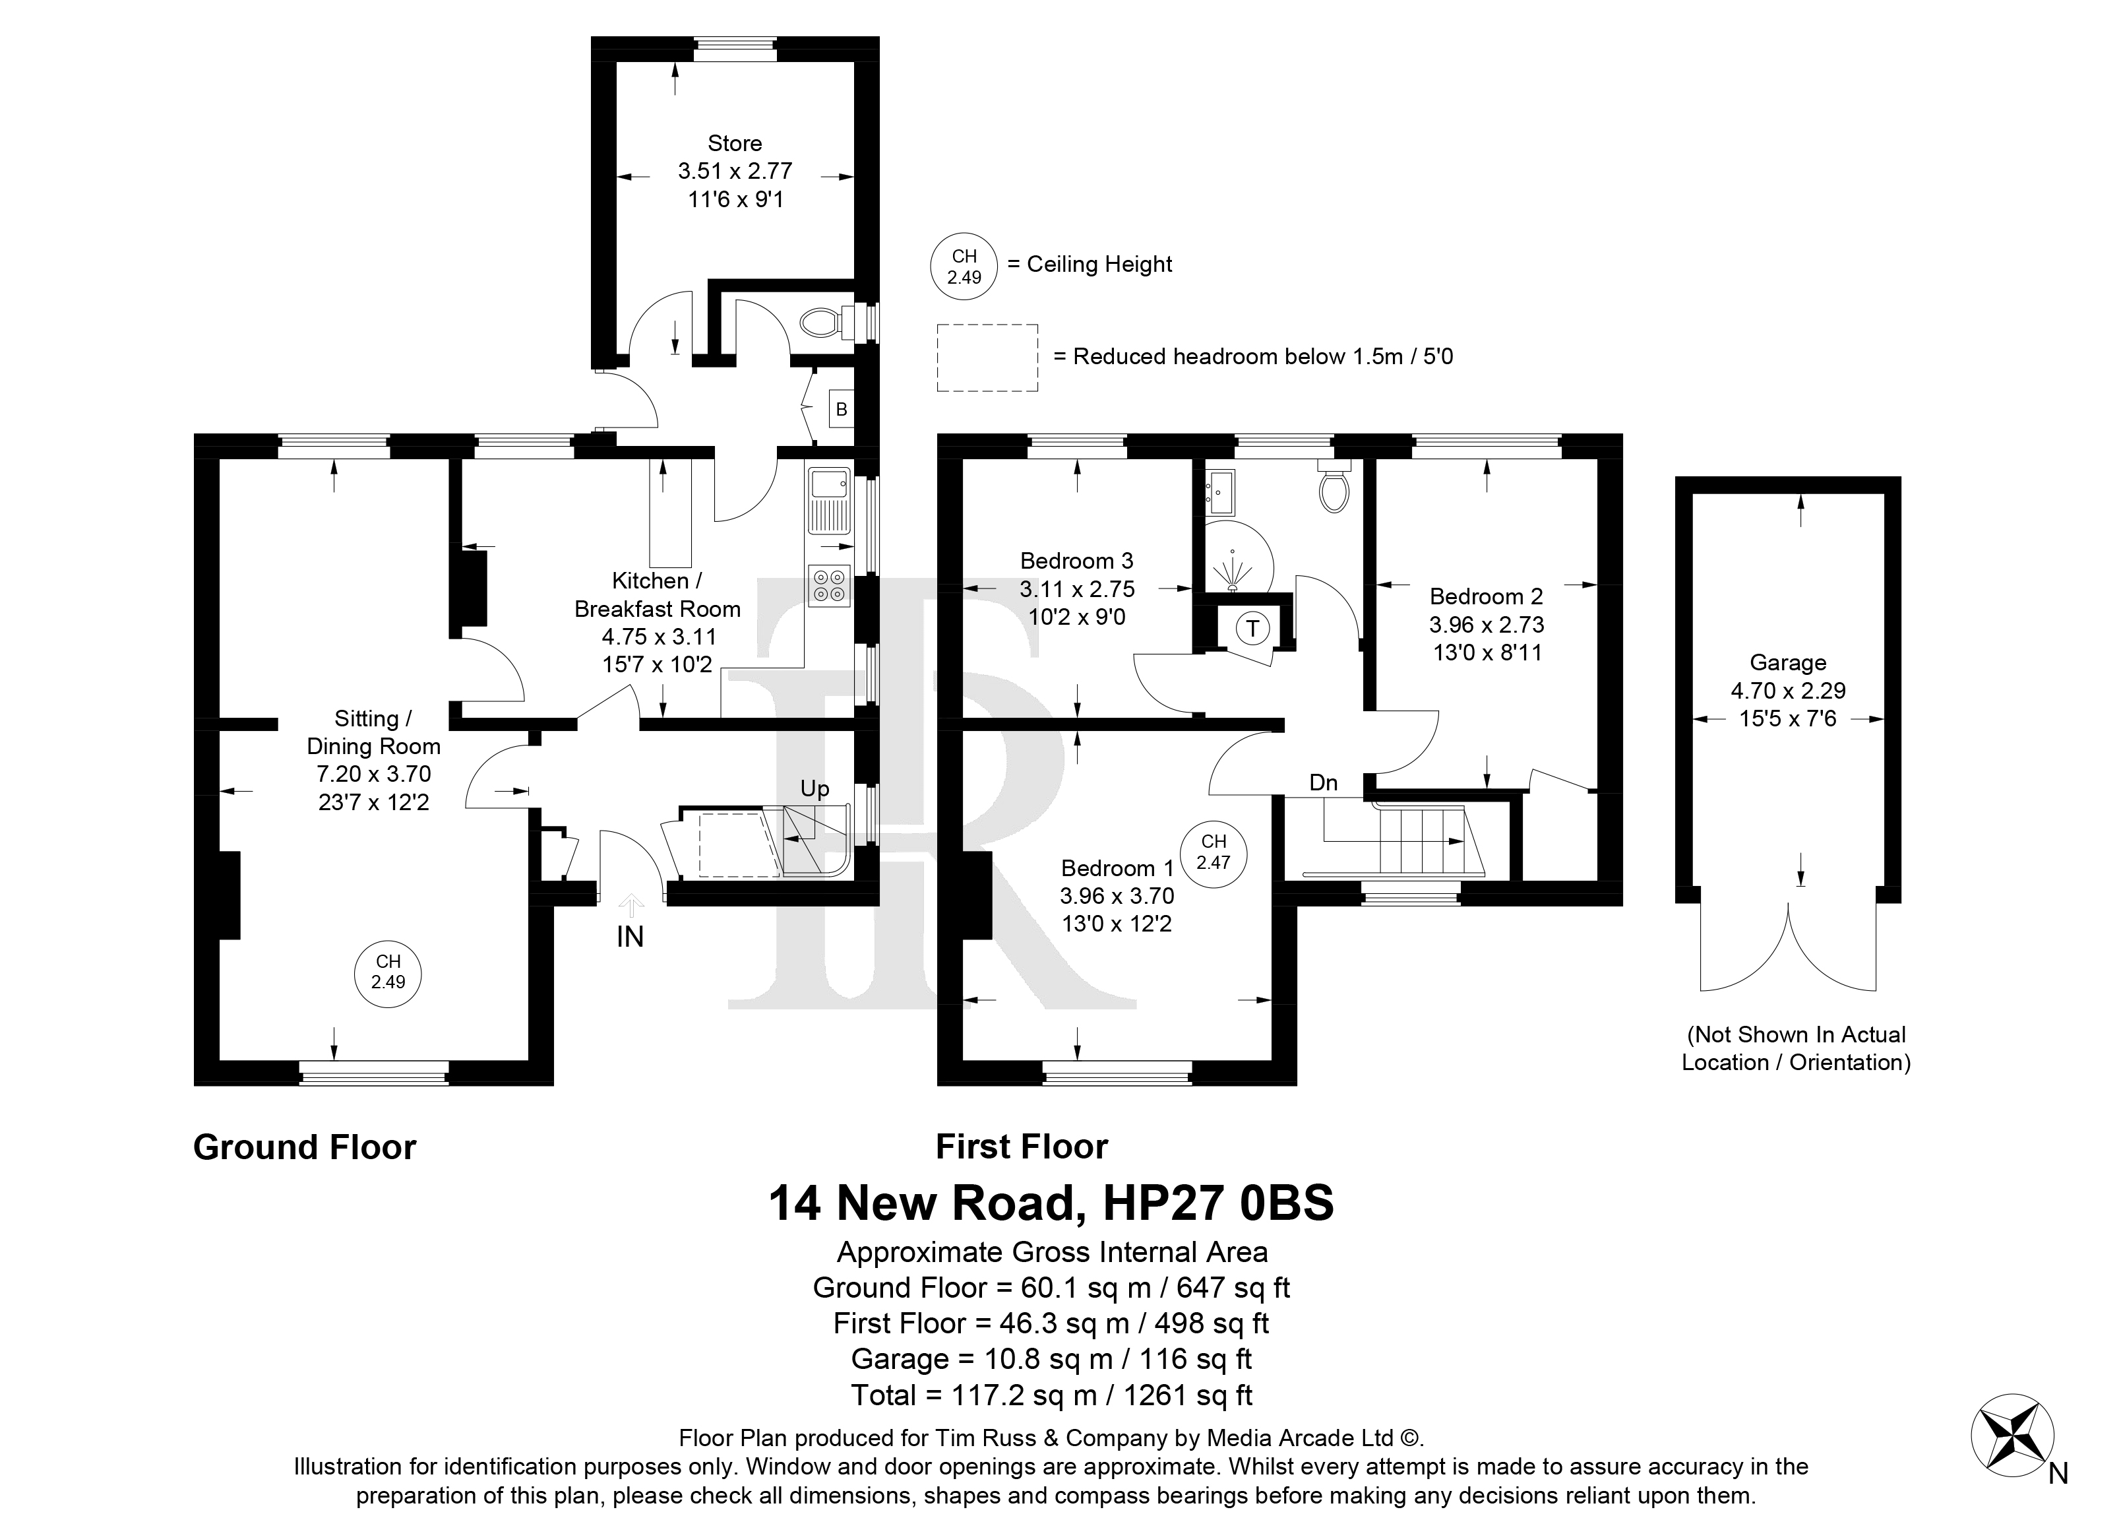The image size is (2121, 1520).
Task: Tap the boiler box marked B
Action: pyautogui.click(x=842, y=409)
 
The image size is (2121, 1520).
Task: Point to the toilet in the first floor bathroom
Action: pyautogui.click(x=1333, y=486)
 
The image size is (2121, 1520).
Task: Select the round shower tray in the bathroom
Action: pyautogui.click(x=1237, y=558)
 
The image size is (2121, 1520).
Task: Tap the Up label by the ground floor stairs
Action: pyautogui.click(x=815, y=788)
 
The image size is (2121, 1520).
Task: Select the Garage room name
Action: pyautogui.click(x=1788, y=663)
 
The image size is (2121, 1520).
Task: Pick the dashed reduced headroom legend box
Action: pyautogui.click(x=987, y=358)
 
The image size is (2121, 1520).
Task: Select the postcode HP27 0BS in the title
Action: pyautogui.click(x=1219, y=1204)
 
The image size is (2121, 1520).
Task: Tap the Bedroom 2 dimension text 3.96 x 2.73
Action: pyautogui.click(x=1486, y=625)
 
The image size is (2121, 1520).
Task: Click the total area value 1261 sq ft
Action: pyautogui.click(x=1188, y=1395)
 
